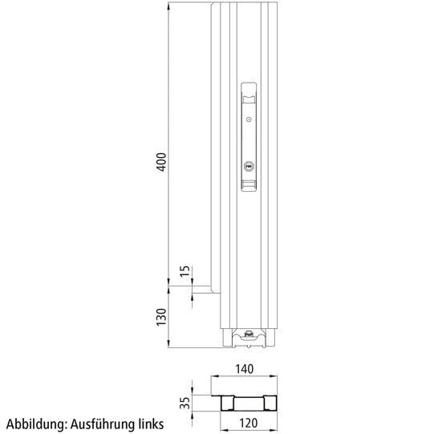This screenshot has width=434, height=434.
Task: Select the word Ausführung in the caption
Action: pos(103,423)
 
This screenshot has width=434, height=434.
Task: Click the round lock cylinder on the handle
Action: pos(249,167)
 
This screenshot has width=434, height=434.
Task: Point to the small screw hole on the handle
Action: pos(249,120)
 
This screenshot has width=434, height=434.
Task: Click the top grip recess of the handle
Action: pos(249,94)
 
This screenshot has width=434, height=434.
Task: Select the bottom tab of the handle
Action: pos(249,188)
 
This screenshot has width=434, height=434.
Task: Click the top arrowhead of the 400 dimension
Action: pos(168,6)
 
